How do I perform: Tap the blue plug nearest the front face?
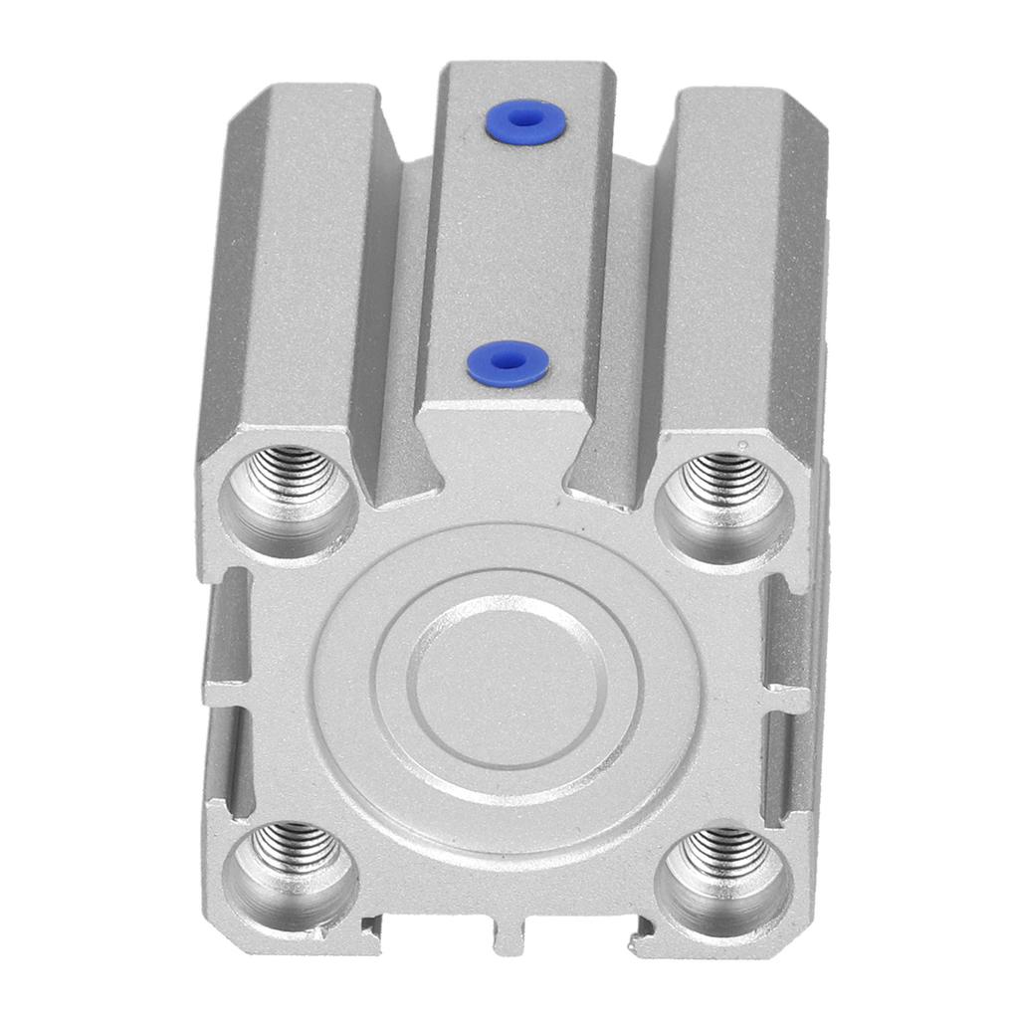pos(508,363)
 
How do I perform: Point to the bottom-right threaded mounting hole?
pos(723,866)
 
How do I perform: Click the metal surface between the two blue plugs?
pos(515,244)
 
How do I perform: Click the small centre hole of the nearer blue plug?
pos(508,362)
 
